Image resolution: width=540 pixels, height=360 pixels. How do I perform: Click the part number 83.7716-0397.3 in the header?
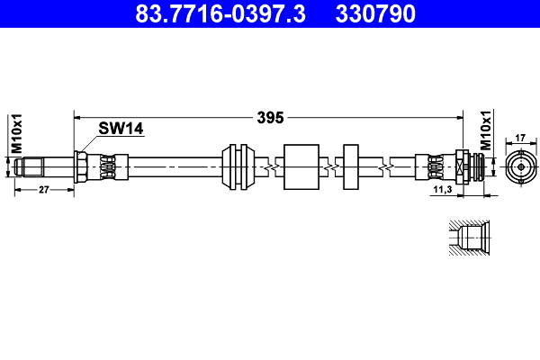pyautogui.click(x=220, y=13)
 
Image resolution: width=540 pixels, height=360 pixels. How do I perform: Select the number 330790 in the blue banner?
pyautogui.click(x=375, y=13)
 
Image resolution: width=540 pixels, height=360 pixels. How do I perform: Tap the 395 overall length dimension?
pyautogui.click(x=270, y=118)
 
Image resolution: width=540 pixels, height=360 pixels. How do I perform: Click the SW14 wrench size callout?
pyautogui.click(x=121, y=129)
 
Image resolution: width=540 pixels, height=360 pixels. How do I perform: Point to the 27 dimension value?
pyautogui.click(x=44, y=190)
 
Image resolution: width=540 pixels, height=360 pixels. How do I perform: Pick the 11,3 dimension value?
pyautogui.click(x=443, y=189)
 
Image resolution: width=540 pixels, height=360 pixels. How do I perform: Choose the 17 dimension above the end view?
pyautogui.click(x=520, y=138)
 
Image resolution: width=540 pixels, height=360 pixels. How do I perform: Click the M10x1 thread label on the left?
pyautogui.click(x=16, y=134)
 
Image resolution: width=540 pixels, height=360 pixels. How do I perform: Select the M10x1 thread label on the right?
pyautogui.click(x=486, y=130)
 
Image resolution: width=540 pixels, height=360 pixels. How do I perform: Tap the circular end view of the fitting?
pyautogui.click(x=521, y=167)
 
